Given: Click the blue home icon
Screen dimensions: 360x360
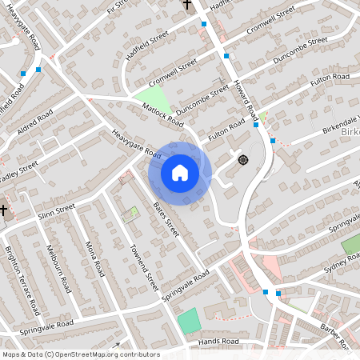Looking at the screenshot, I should [180, 173].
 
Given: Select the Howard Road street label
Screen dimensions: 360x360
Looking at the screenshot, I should [245, 99].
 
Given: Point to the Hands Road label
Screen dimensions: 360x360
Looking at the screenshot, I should [219, 342].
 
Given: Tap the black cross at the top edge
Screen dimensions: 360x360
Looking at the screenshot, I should [187, 4].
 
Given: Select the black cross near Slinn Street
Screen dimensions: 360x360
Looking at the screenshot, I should [4, 212].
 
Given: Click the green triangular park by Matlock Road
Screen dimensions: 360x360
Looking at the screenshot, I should [158, 99].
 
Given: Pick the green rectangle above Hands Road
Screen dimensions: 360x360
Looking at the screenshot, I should [188, 321].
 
